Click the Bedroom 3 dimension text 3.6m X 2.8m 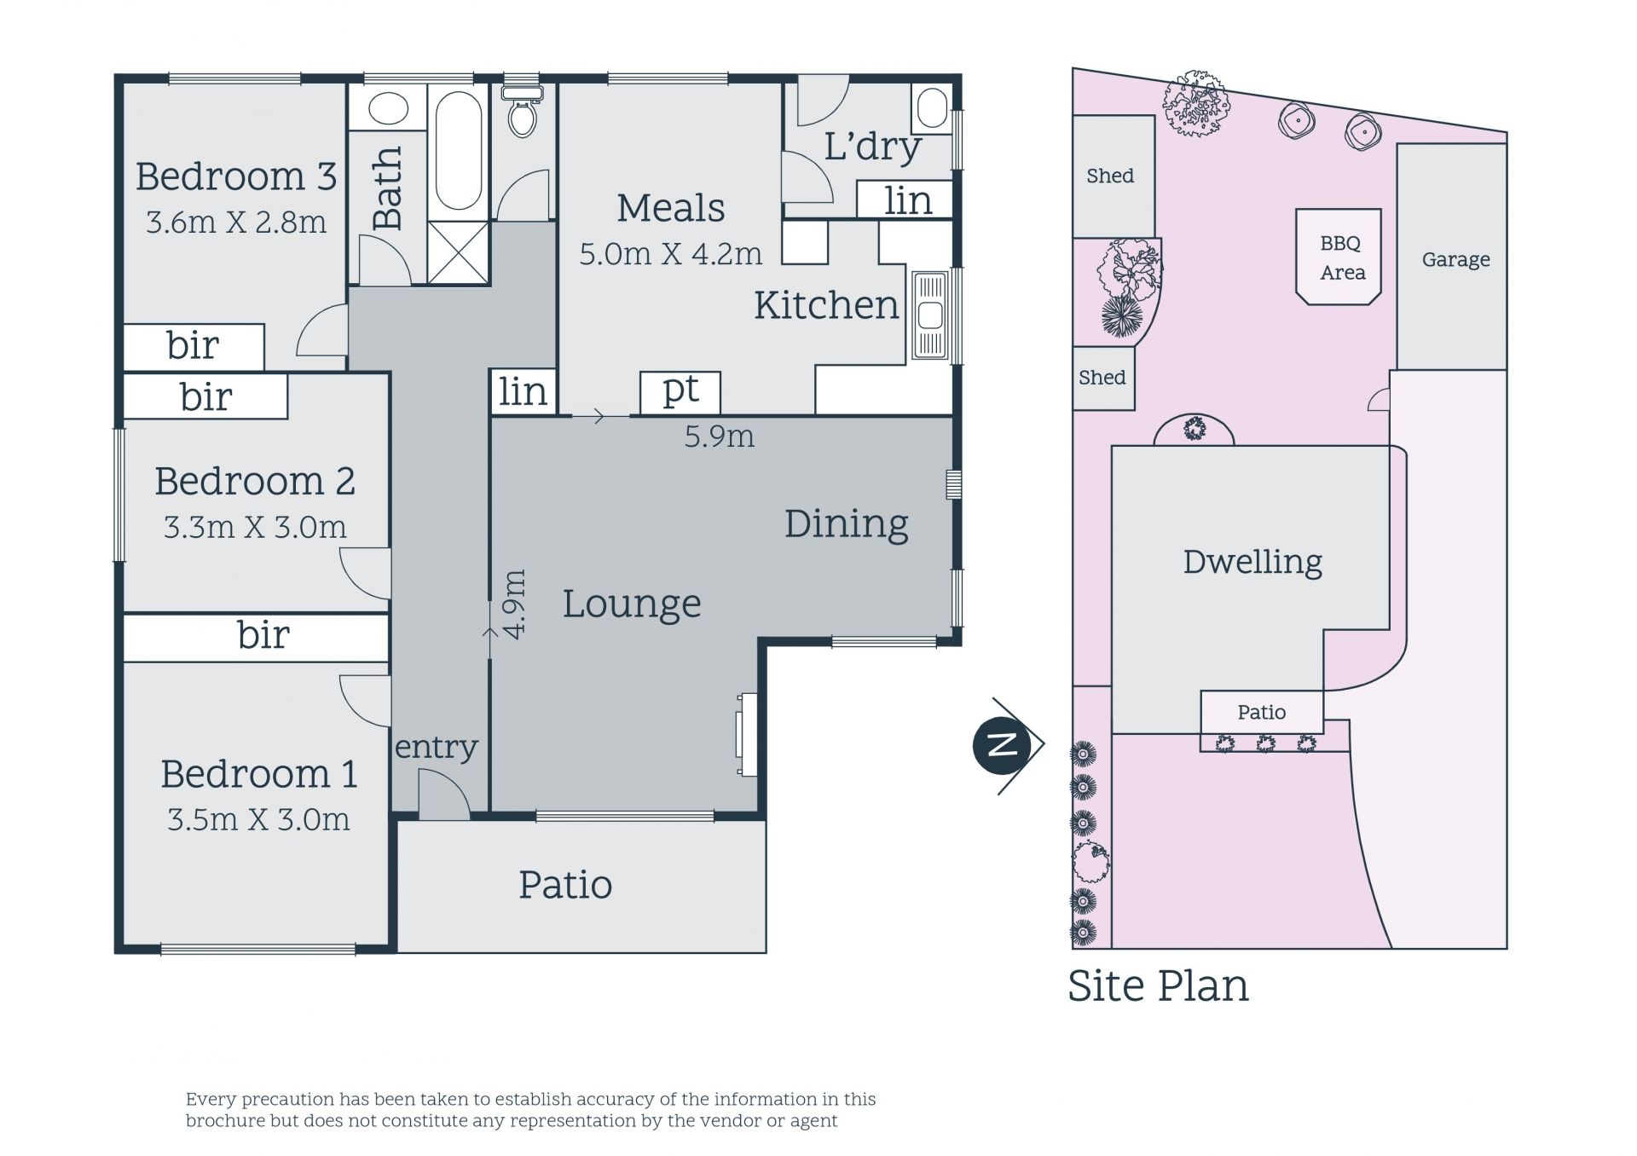(x=236, y=222)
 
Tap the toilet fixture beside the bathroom (x=523, y=111)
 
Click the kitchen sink (x=930, y=315)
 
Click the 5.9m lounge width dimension (x=720, y=436)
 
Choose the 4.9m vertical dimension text (x=514, y=604)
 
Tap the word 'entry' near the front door (x=436, y=747)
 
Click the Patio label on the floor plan (x=565, y=885)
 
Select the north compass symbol (x=1009, y=745)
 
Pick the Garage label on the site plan (x=1455, y=259)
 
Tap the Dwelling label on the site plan (x=1252, y=562)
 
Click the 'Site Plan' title (x=1158, y=985)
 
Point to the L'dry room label (x=872, y=146)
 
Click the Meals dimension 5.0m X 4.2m (x=670, y=253)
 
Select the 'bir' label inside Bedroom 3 (x=193, y=345)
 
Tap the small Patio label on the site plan (x=1262, y=712)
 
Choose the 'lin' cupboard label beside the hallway (x=523, y=391)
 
